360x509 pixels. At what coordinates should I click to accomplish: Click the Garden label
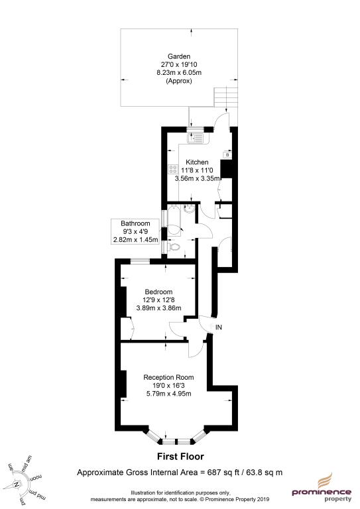pos(179,56)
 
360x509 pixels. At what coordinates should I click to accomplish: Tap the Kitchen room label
pos(197,162)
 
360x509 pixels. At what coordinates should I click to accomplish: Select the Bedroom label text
pos(158,292)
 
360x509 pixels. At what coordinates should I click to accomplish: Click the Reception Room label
pos(168,377)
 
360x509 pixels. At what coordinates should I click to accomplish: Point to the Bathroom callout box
pos(135,231)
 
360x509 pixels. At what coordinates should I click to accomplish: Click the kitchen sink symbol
pos(195,139)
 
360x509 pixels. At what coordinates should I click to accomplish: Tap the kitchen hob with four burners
pos(172,169)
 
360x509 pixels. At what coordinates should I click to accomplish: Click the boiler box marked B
pos(227,155)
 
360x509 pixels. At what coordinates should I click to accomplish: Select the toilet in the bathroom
pos(174,247)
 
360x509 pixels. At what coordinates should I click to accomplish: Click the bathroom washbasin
pos(189,209)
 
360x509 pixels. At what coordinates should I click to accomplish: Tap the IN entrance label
pos(219,327)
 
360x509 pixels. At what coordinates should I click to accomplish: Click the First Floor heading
pos(180,457)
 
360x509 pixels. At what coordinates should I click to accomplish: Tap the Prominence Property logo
pos(322,488)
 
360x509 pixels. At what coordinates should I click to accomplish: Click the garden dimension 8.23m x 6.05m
pos(179,72)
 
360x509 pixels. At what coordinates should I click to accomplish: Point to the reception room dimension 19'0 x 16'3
pos(168,385)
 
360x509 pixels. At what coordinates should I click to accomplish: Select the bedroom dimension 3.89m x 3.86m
pos(158,308)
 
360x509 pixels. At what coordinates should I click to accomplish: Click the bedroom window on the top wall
pos(140,260)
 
